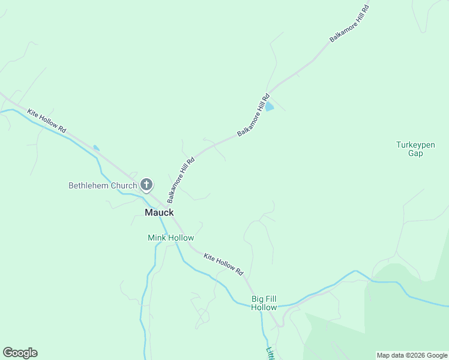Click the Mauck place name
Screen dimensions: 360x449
(x=159, y=212)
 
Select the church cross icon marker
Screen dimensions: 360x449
(x=146, y=185)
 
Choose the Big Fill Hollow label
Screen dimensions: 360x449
(x=264, y=303)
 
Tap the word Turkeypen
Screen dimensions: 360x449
(x=415, y=145)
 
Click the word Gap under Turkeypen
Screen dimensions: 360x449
(x=415, y=153)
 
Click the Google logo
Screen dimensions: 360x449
(x=20, y=353)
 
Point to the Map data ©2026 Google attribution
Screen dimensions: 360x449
(x=412, y=355)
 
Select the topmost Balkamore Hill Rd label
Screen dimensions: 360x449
(x=349, y=24)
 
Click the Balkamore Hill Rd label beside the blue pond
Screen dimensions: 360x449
(x=253, y=115)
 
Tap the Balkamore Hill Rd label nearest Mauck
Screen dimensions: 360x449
(x=181, y=180)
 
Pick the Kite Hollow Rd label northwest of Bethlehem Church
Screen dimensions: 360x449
(x=46, y=122)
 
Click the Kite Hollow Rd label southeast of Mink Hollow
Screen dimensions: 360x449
(x=223, y=264)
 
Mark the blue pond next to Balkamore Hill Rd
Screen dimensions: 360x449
(x=270, y=107)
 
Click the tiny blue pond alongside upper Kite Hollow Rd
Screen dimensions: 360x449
(x=96, y=148)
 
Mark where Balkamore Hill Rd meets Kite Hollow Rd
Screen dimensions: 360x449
(x=165, y=206)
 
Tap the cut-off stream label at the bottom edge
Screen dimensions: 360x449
(x=270, y=354)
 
